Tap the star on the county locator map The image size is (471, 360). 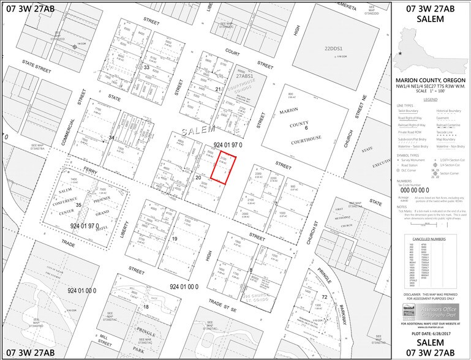[401, 54]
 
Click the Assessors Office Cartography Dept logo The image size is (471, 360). [428, 312]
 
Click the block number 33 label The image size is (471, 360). [146, 67]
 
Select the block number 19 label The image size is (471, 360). [175, 239]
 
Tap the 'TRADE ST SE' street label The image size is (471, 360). [224, 301]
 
